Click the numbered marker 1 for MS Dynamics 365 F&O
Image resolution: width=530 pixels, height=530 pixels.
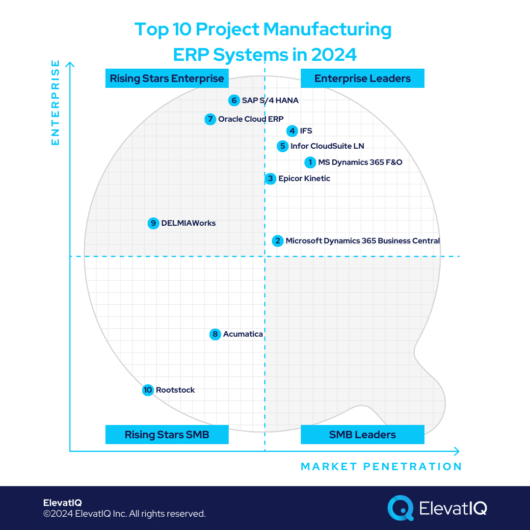(310, 162)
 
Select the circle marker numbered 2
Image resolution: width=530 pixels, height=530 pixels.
(278, 241)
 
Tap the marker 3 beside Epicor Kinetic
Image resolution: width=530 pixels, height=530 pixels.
(270, 179)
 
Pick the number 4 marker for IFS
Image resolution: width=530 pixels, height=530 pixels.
(292, 131)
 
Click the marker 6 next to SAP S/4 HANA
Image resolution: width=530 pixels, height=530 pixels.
(234, 101)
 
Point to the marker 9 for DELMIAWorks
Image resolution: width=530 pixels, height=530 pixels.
(154, 223)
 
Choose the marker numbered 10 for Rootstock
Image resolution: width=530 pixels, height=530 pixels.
(148, 390)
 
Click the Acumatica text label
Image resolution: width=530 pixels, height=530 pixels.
(243, 334)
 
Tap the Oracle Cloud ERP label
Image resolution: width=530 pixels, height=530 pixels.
(251, 119)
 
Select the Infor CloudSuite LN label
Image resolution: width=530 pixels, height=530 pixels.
(327, 146)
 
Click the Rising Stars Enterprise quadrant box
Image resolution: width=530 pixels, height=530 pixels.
(167, 79)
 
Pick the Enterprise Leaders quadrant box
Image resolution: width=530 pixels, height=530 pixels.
(362, 79)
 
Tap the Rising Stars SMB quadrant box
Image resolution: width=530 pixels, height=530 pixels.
(167, 435)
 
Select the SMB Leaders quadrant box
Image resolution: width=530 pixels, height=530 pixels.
(362, 435)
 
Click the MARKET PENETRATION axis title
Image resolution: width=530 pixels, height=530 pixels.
(381, 467)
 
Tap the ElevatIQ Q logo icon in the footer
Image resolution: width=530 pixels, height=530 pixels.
(400, 507)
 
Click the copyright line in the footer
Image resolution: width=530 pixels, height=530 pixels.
(124, 514)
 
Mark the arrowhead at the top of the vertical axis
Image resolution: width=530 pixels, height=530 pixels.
(70, 65)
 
